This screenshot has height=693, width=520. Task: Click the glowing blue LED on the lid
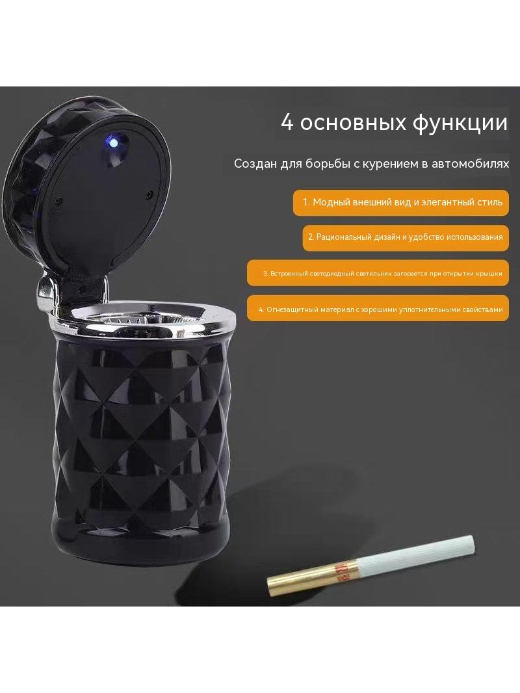pos(113,143)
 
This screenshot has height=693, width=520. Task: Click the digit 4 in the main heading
pos(287,122)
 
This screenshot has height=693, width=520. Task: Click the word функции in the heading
pos(460,123)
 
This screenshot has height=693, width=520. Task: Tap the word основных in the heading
pos(353,124)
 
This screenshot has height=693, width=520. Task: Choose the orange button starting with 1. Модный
pos(400,203)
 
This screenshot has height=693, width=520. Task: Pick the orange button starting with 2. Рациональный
pos(406,238)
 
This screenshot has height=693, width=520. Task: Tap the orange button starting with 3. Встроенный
pos(378,273)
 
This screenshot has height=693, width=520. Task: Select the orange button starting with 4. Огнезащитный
pos(378,308)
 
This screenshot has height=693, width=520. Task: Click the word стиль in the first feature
pos(489,202)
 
